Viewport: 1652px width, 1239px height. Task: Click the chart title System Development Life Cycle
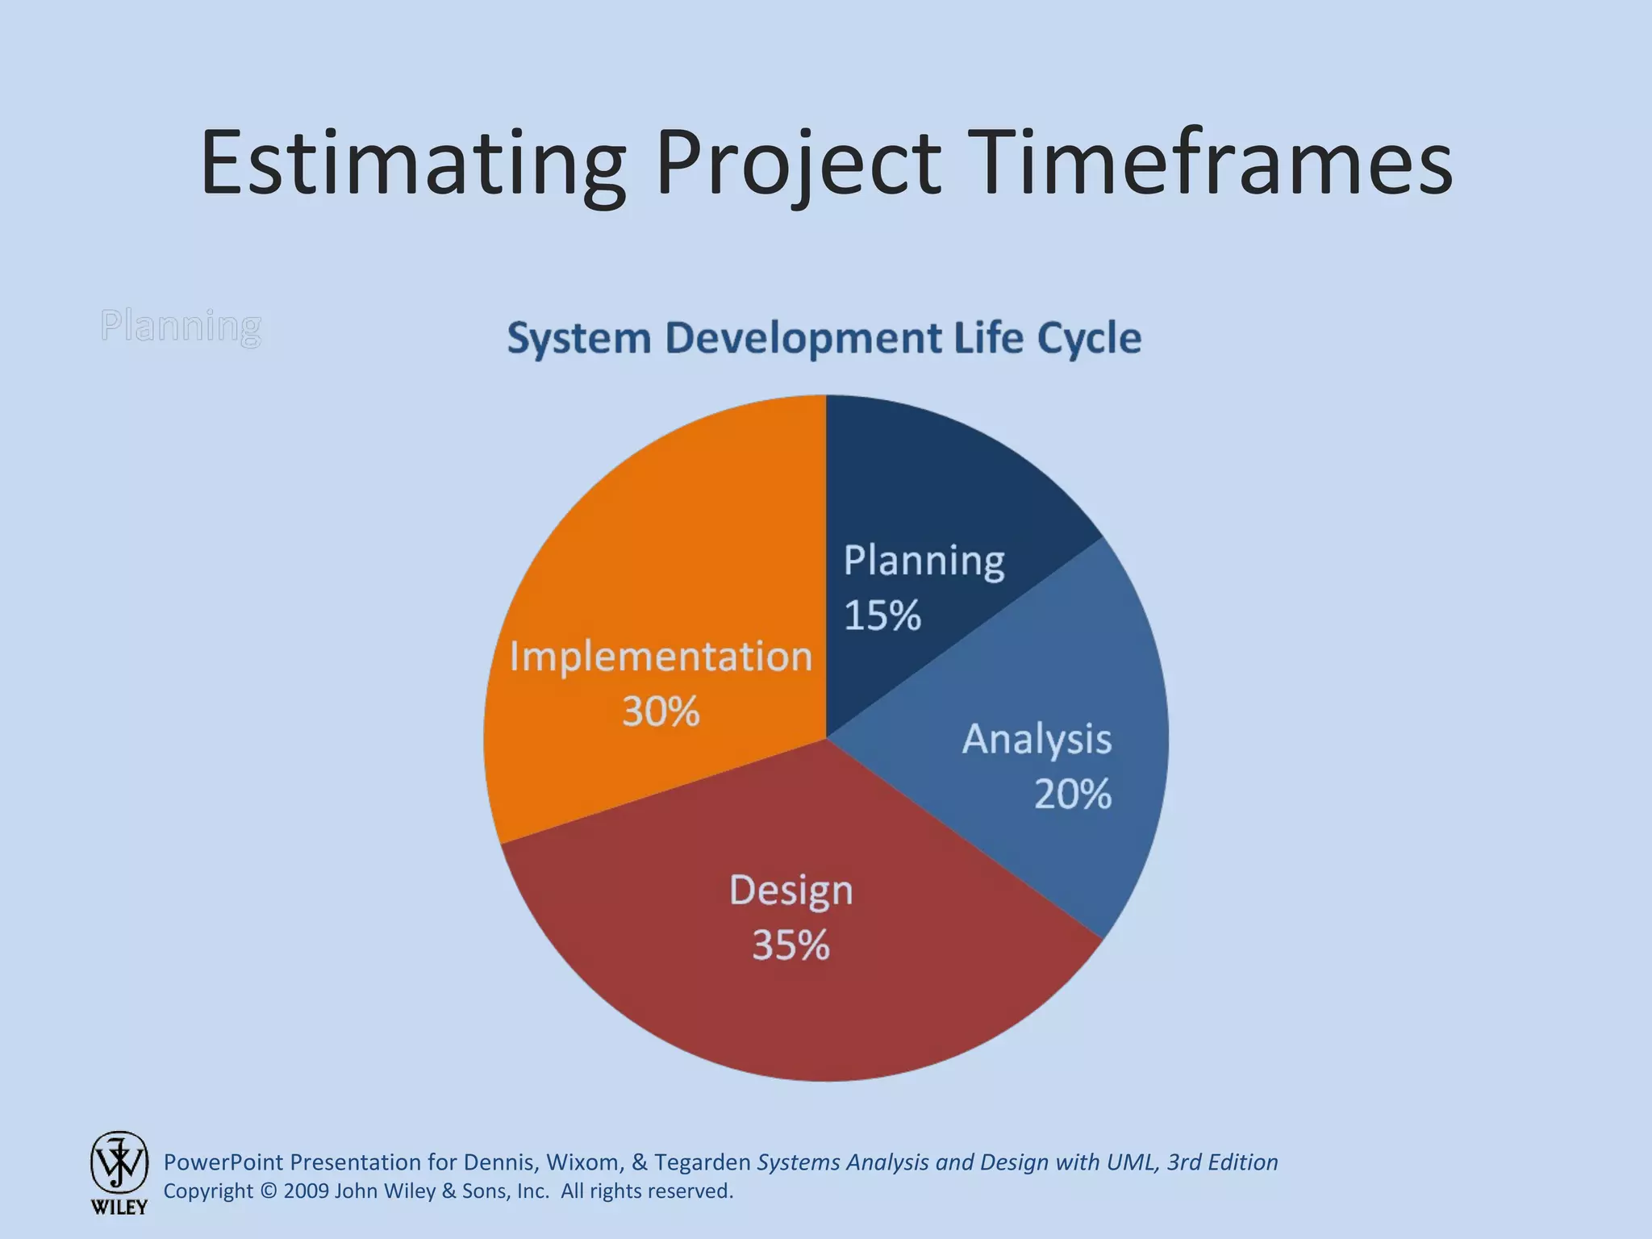coord(824,338)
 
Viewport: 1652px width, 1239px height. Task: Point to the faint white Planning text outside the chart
coord(181,326)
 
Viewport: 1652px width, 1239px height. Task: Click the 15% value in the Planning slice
coord(882,615)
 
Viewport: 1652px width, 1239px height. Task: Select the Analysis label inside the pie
coord(1037,739)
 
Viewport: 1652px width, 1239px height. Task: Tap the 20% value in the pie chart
coord(1072,794)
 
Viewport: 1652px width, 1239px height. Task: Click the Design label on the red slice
coord(791,891)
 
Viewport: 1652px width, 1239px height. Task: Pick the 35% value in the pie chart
coord(791,945)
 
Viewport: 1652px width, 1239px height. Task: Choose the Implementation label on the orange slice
coord(661,657)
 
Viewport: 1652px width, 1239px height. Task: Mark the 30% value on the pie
coord(661,711)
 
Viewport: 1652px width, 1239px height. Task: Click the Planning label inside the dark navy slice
coord(924,561)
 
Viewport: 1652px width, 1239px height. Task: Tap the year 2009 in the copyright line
coord(306,1191)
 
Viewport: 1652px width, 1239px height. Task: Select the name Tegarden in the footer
coord(702,1162)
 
